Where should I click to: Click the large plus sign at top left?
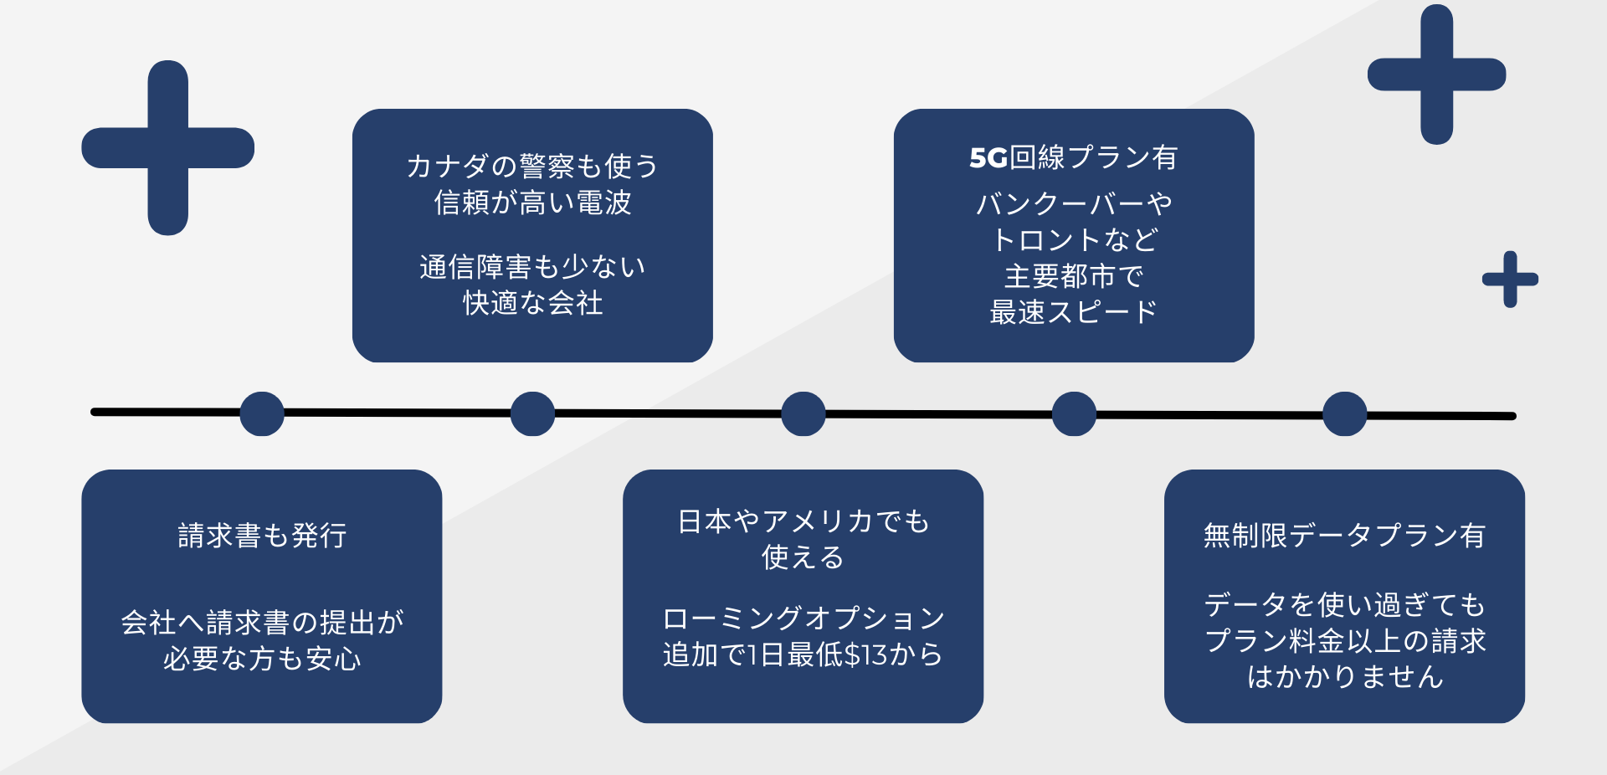(x=168, y=148)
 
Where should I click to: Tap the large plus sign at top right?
(x=1437, y=74)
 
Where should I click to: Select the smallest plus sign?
(x=1510, y=280)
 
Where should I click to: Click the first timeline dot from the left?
(x=262, y=413)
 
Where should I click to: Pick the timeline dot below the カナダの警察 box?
(x=532, y=413)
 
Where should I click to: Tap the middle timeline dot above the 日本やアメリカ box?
(x=803, y=413)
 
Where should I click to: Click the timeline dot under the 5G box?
(x=1074, y=413)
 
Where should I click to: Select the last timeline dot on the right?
(x=1345, y=413)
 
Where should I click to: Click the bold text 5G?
(x=988, y=158)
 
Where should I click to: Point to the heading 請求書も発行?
(x=262, y=536)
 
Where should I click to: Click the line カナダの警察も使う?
(x=532, y=166)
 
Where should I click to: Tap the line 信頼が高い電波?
(x=532, y=203)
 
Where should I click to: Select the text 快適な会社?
(x=532, y=303)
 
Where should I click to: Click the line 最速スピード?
(x=1074, y=312)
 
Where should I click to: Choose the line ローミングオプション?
(x=803, y=618)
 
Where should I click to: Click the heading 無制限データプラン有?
(x=1344, y=536)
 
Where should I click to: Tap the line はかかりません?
(x=1344, y=676)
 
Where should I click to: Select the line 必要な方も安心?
(x=262, y=659)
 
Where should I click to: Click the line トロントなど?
(x=1074, y=240)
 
